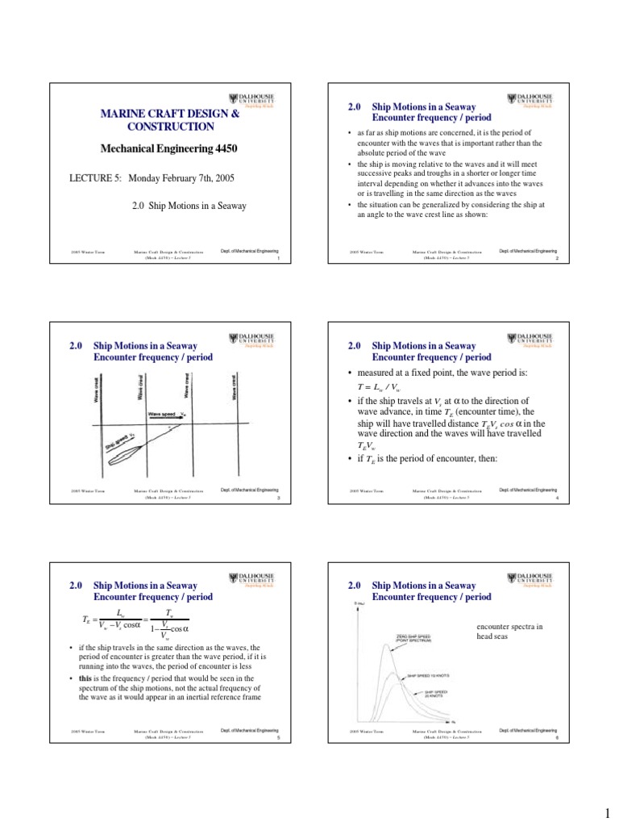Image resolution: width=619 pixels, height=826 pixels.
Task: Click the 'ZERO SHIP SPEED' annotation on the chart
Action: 414,638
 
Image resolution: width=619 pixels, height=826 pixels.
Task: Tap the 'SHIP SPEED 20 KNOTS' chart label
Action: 437,693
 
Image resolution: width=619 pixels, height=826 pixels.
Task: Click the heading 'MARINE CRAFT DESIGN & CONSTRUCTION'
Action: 169,121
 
